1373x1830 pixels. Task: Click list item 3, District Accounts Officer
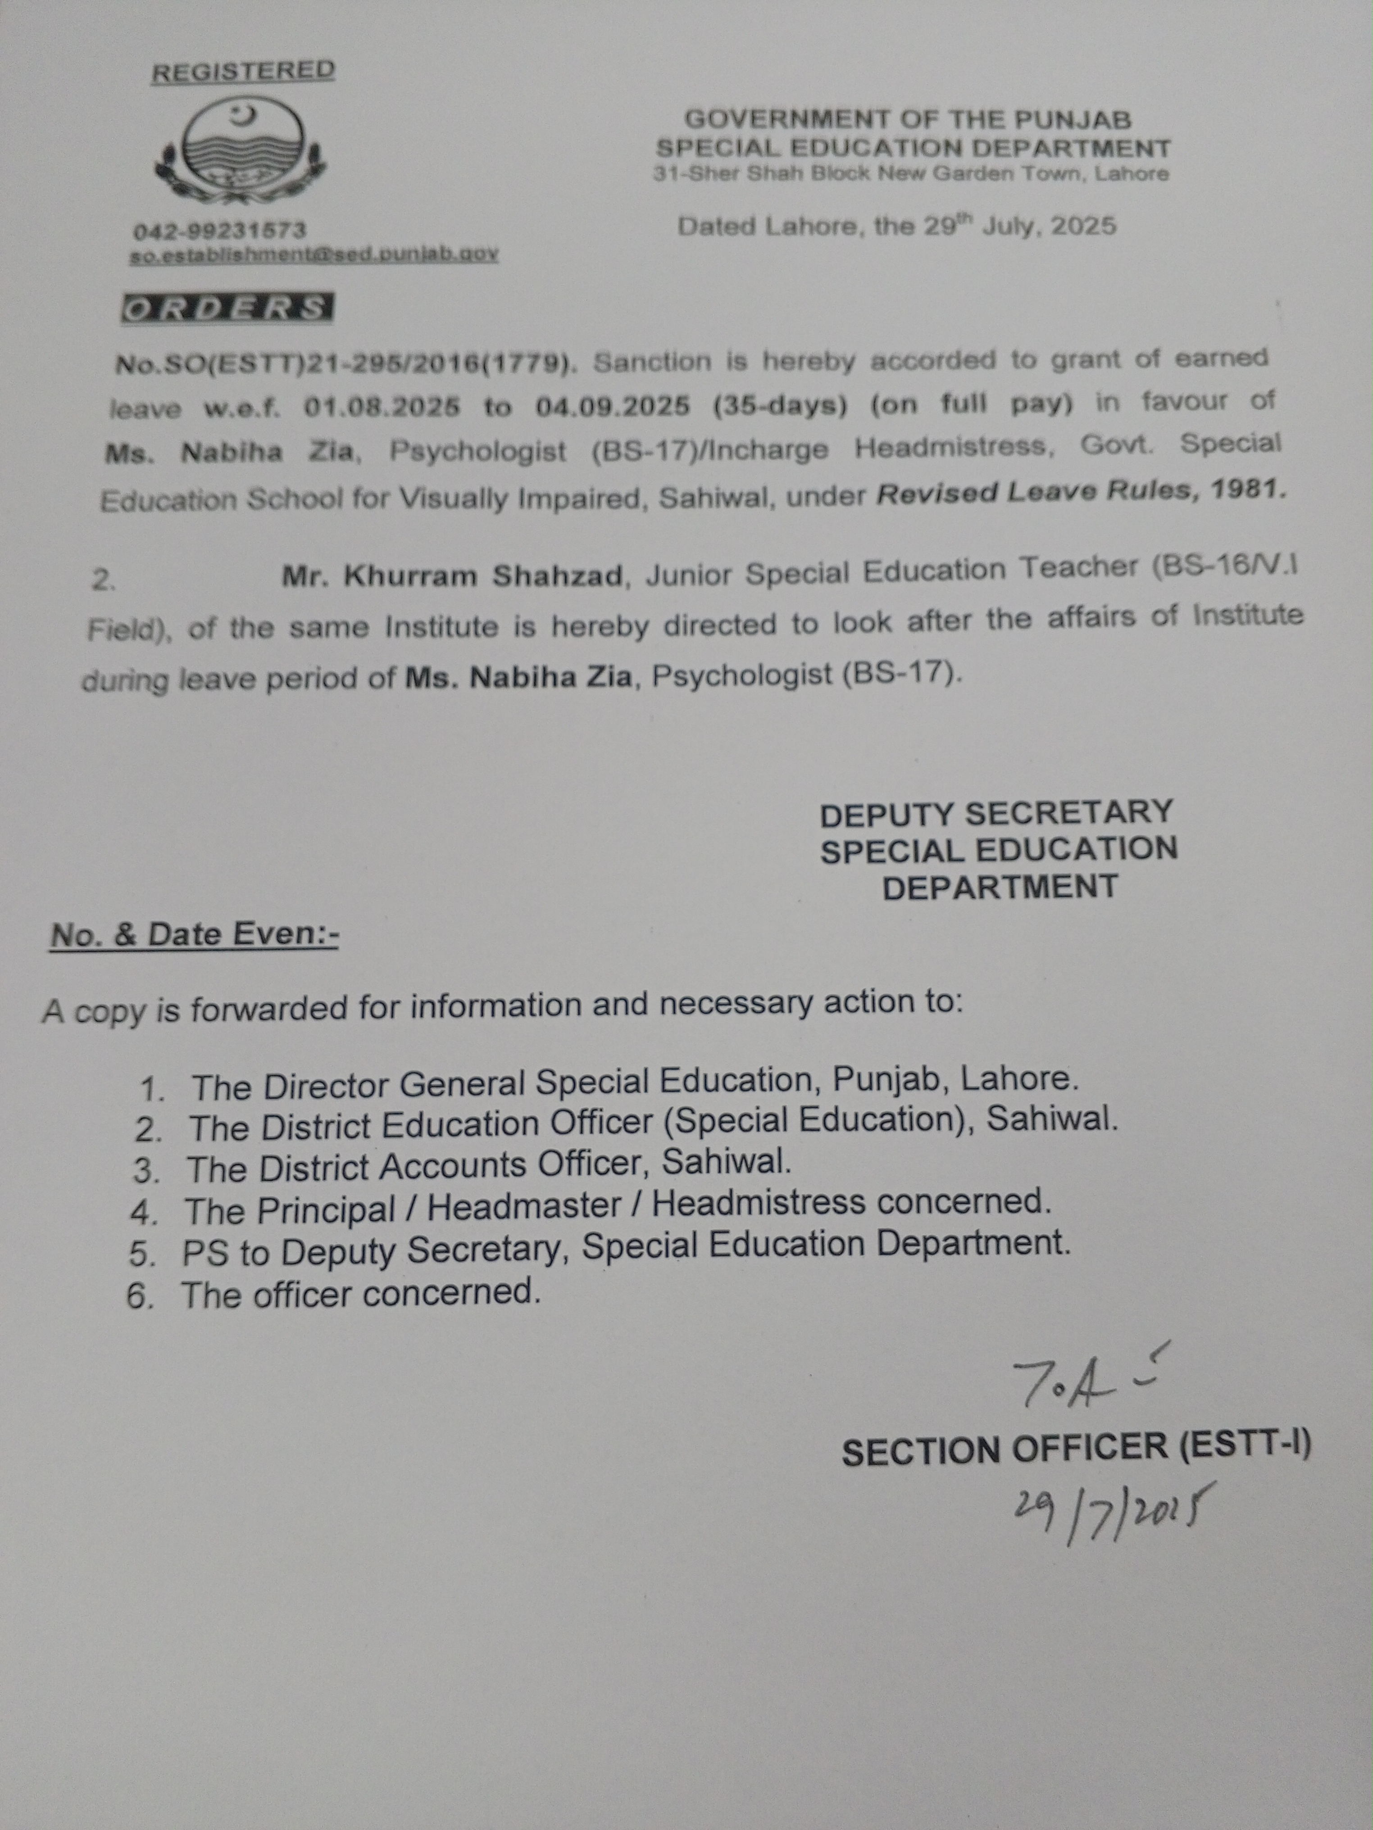tap(488, 1167)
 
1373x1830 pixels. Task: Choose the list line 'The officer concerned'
tap(360, 1294)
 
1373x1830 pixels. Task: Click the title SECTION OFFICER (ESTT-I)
tap(1075, 1450)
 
